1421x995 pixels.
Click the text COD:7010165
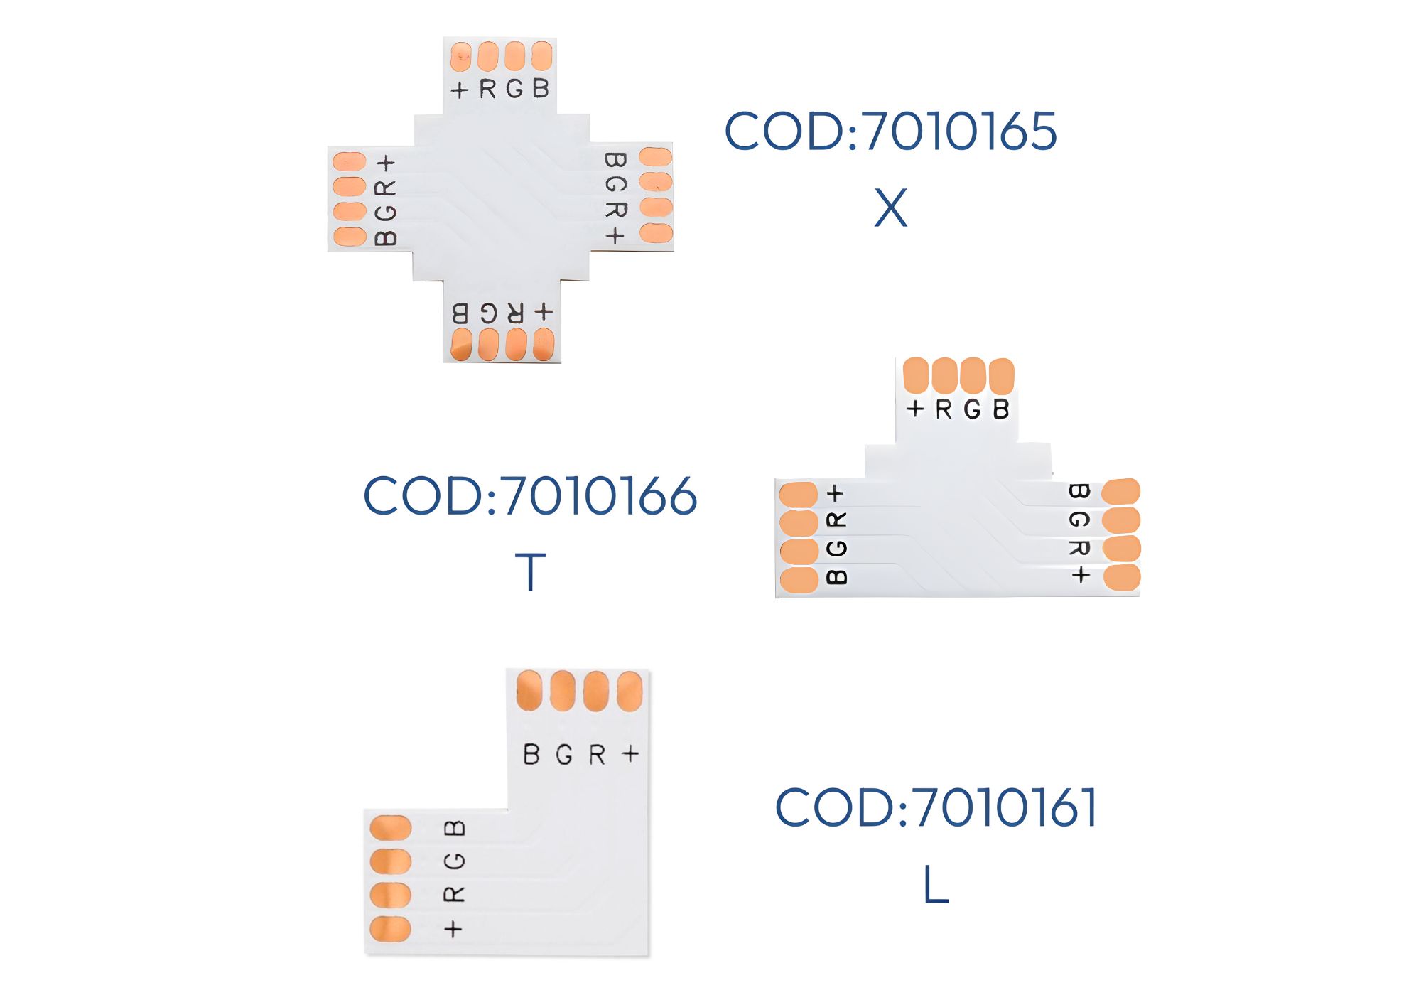890,131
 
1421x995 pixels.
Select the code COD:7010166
530,495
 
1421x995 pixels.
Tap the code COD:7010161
936,807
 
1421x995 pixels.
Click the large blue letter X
891,208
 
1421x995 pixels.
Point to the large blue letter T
530,572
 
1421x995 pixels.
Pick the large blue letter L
936,885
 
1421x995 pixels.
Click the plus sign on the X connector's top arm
460,90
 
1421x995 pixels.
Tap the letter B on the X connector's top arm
541,89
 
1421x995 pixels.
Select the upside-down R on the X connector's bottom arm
515,313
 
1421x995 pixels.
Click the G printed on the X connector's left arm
386,213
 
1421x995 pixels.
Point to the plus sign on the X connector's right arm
615,235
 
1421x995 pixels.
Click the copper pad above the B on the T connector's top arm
1001,376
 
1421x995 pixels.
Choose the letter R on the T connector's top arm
944,409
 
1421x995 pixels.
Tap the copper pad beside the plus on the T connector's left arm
799,495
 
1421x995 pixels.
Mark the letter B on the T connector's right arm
1079,491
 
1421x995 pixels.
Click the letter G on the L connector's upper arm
564,754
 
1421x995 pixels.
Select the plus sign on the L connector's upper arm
630,753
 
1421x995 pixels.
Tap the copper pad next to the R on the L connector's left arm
391,895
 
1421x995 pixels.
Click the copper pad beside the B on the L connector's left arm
391,828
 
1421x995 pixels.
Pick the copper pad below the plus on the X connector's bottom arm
544,344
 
